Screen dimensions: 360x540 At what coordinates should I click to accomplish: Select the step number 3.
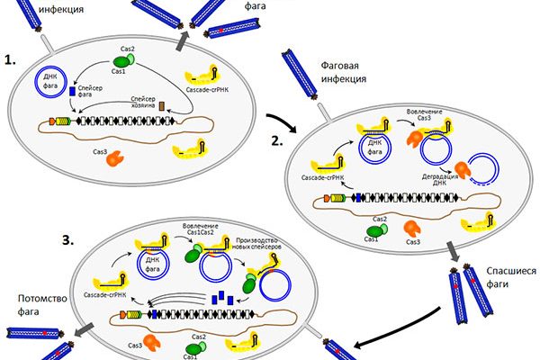click(89, 240)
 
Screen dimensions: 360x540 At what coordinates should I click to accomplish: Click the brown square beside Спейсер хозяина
click(162, 107)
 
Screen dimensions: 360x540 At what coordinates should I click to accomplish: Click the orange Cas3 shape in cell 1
click(114, 160)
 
